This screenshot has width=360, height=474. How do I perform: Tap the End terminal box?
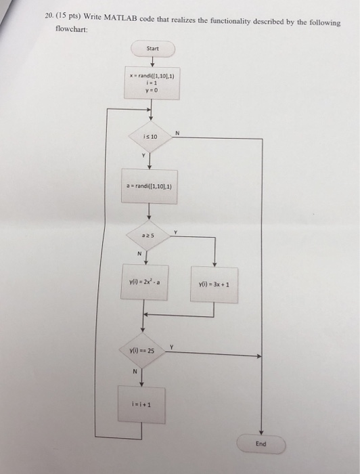[261, 444]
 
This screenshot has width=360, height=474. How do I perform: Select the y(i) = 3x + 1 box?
[214, 284]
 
